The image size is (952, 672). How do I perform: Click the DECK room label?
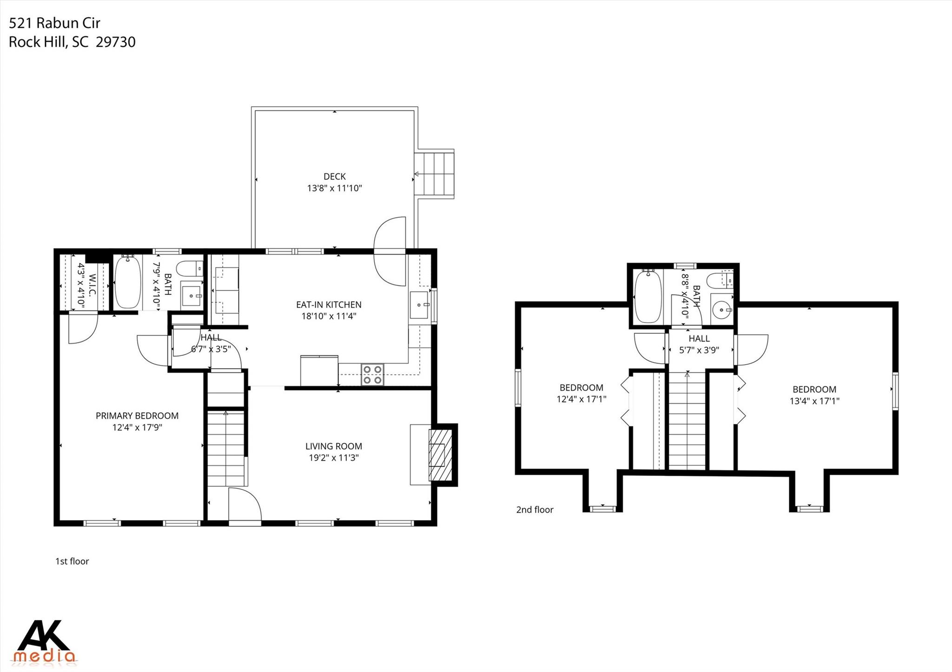(334, 176)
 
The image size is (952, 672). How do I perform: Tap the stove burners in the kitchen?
(372, 374)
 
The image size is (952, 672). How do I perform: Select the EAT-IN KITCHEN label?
(329, 305)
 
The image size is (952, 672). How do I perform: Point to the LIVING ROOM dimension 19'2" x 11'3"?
(333, 458)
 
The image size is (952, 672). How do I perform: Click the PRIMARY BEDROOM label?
(137, 416)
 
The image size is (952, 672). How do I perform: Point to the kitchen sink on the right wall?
(419, 305)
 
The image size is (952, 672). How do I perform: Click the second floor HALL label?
(699, 339)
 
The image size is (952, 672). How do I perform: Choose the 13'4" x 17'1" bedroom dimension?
(814, 401)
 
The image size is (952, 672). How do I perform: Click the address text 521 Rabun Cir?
(54, 23)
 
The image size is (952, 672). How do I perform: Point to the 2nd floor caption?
(535, 509)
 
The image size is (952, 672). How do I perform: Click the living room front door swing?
(245, 504)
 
